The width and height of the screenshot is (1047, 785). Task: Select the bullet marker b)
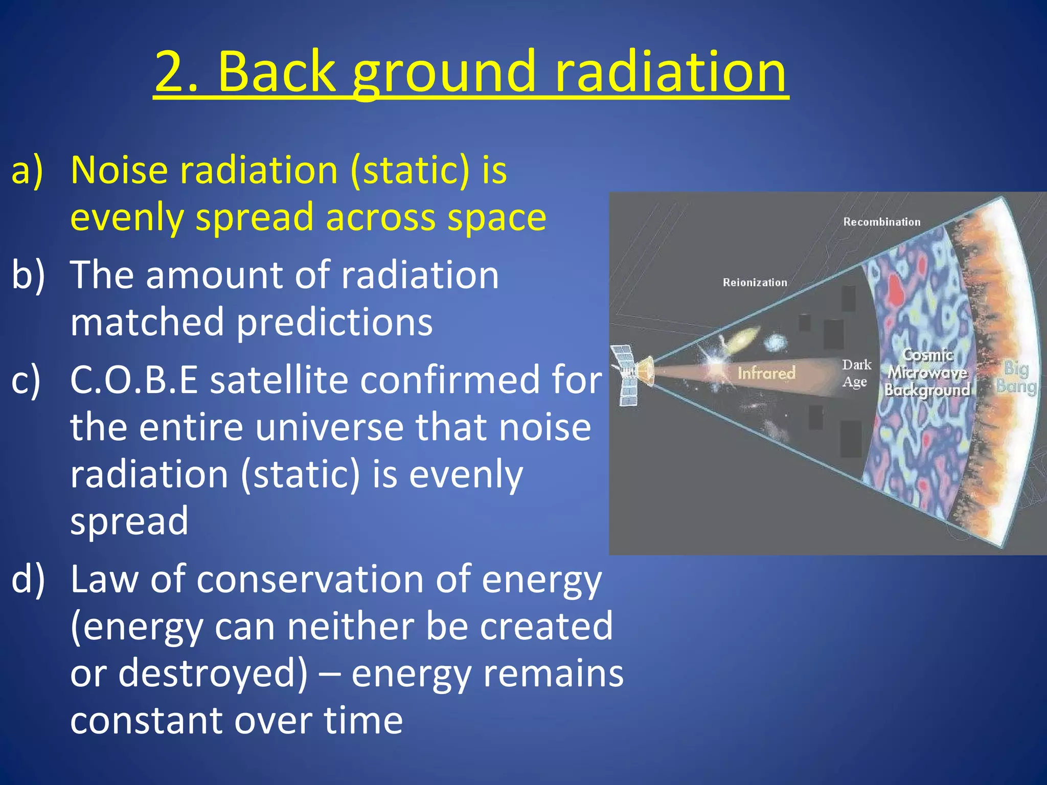[28, 275]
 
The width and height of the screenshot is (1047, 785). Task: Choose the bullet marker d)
[28, 580]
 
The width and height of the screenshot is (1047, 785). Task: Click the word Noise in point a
[119, 170]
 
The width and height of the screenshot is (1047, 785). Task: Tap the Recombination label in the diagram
[881, 222]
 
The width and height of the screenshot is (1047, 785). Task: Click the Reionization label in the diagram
[755, 282]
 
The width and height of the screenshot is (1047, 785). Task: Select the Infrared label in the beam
[766, 373]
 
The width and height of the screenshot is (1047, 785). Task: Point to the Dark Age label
[856, 373]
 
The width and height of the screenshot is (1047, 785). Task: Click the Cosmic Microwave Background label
[927, 373]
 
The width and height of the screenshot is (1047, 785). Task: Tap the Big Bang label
[1016, 377]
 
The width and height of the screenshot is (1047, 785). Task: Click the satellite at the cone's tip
[633, 375]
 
